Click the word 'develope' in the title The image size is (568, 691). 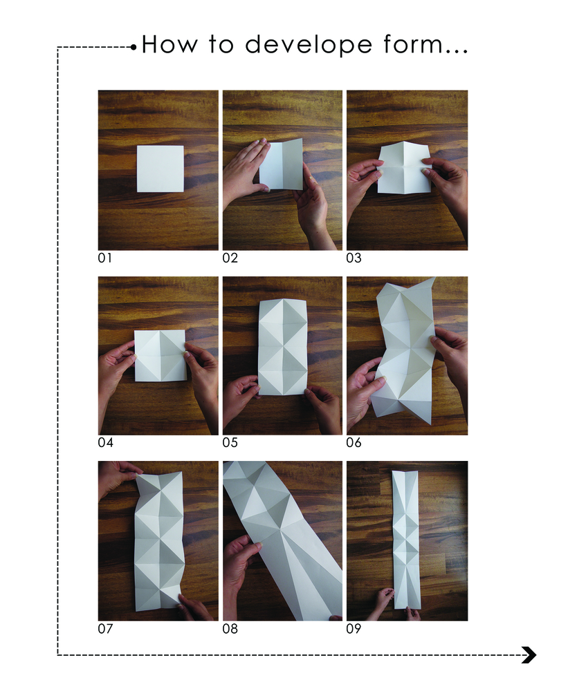[309, 46]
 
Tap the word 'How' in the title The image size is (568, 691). [170, 44]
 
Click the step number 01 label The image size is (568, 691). [105, 258]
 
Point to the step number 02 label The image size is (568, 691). [230, 258]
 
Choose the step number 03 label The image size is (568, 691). [354, 258]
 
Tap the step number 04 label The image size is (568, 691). [105, 442]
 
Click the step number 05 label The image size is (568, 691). [230, 442]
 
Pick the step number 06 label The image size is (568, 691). [354, 442]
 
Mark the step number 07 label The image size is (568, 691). [105, 628]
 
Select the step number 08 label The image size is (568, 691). [230, 628]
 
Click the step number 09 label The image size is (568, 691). [354, 628]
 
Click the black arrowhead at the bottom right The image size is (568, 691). [529, 655]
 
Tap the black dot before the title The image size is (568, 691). [134, 47]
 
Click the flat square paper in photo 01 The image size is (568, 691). [161, 169]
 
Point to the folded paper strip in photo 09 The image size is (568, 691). [406, 540]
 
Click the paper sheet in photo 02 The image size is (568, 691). [282, 164]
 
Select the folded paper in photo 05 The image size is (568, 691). [282, 347]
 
